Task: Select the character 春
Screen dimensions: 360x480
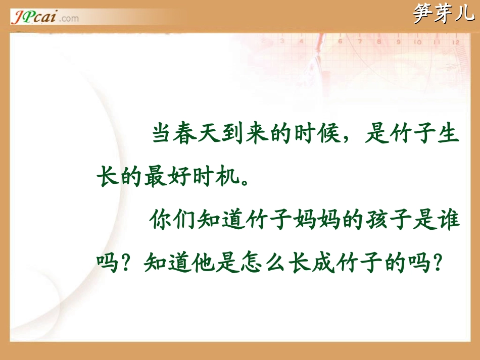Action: click(x=186, y=135)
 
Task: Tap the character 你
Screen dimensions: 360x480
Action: click(x=162, y=221)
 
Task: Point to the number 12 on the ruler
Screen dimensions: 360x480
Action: click(x=456, y=43)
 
